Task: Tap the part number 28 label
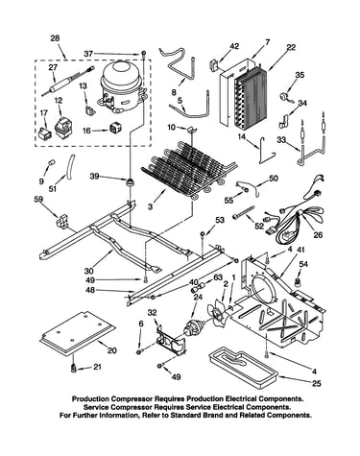pyautogui.click(x=55, y=38)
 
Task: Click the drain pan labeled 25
pyautogui.click(x=242, y=368)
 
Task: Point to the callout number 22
pyautogui.click(x=291, y=47)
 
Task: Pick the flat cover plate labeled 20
pyautogui.click(x=77, y=334)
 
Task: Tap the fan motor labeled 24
pyautogui.click(x=194, y=328)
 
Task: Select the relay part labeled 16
pyautogui.click(x=115, y=128)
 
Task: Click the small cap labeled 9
pyautogui.click(x=50, y=162)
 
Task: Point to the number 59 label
pyautogui.click(x=38, y=200)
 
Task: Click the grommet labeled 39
pyautogui.click(x=130, y=182)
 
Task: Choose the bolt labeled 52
pyautogui.click(x=244, y=212)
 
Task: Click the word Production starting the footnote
pyautogui.click(x=90, y=399)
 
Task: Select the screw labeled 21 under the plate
pyautogui.click(x=74, y=369)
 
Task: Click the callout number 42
pyautogui.click(x=234, y=46)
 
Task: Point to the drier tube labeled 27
pyautogui.click(x=68, y=82)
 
